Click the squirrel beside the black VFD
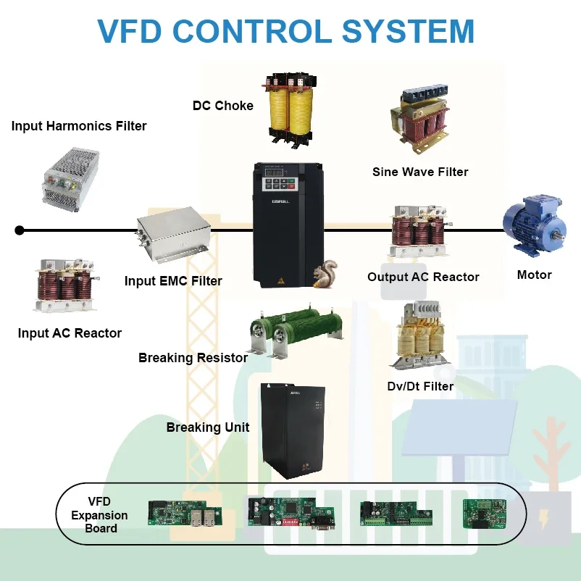[325, 273]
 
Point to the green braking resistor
[296, 330]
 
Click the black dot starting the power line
[20, 230]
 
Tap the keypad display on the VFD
[274, 172]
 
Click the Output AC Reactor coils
[421, 230]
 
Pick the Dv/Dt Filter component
[421, 335]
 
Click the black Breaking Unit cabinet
[293, 430]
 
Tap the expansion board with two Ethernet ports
[185, 513]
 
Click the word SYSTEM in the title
[408, 31]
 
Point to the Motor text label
[535, 275]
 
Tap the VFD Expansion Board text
[99, 514]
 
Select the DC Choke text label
[223, 106]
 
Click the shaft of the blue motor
[559, 234]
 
